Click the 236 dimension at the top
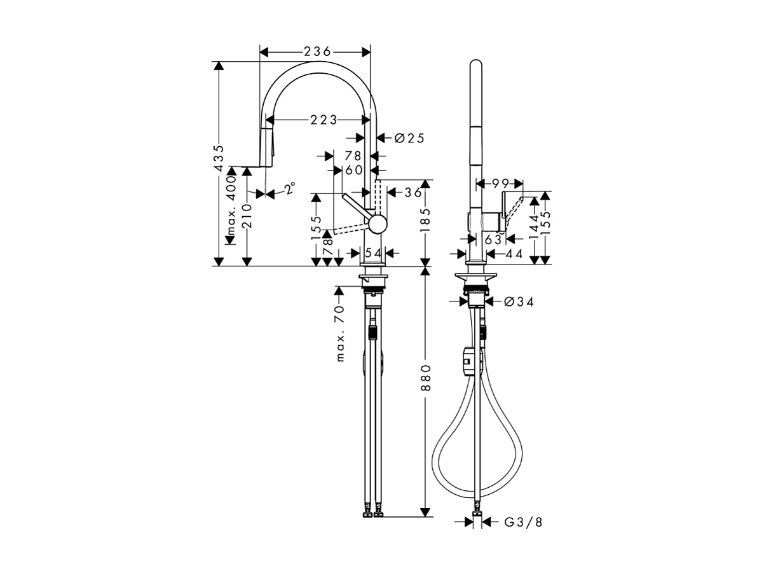316,52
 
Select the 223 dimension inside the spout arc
324,120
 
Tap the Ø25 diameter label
409,137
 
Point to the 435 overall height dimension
219,158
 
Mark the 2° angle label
289,188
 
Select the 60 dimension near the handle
353,170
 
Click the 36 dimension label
413,192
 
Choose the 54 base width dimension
374,253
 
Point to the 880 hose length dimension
426,378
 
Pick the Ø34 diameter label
519,301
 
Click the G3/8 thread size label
524,522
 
